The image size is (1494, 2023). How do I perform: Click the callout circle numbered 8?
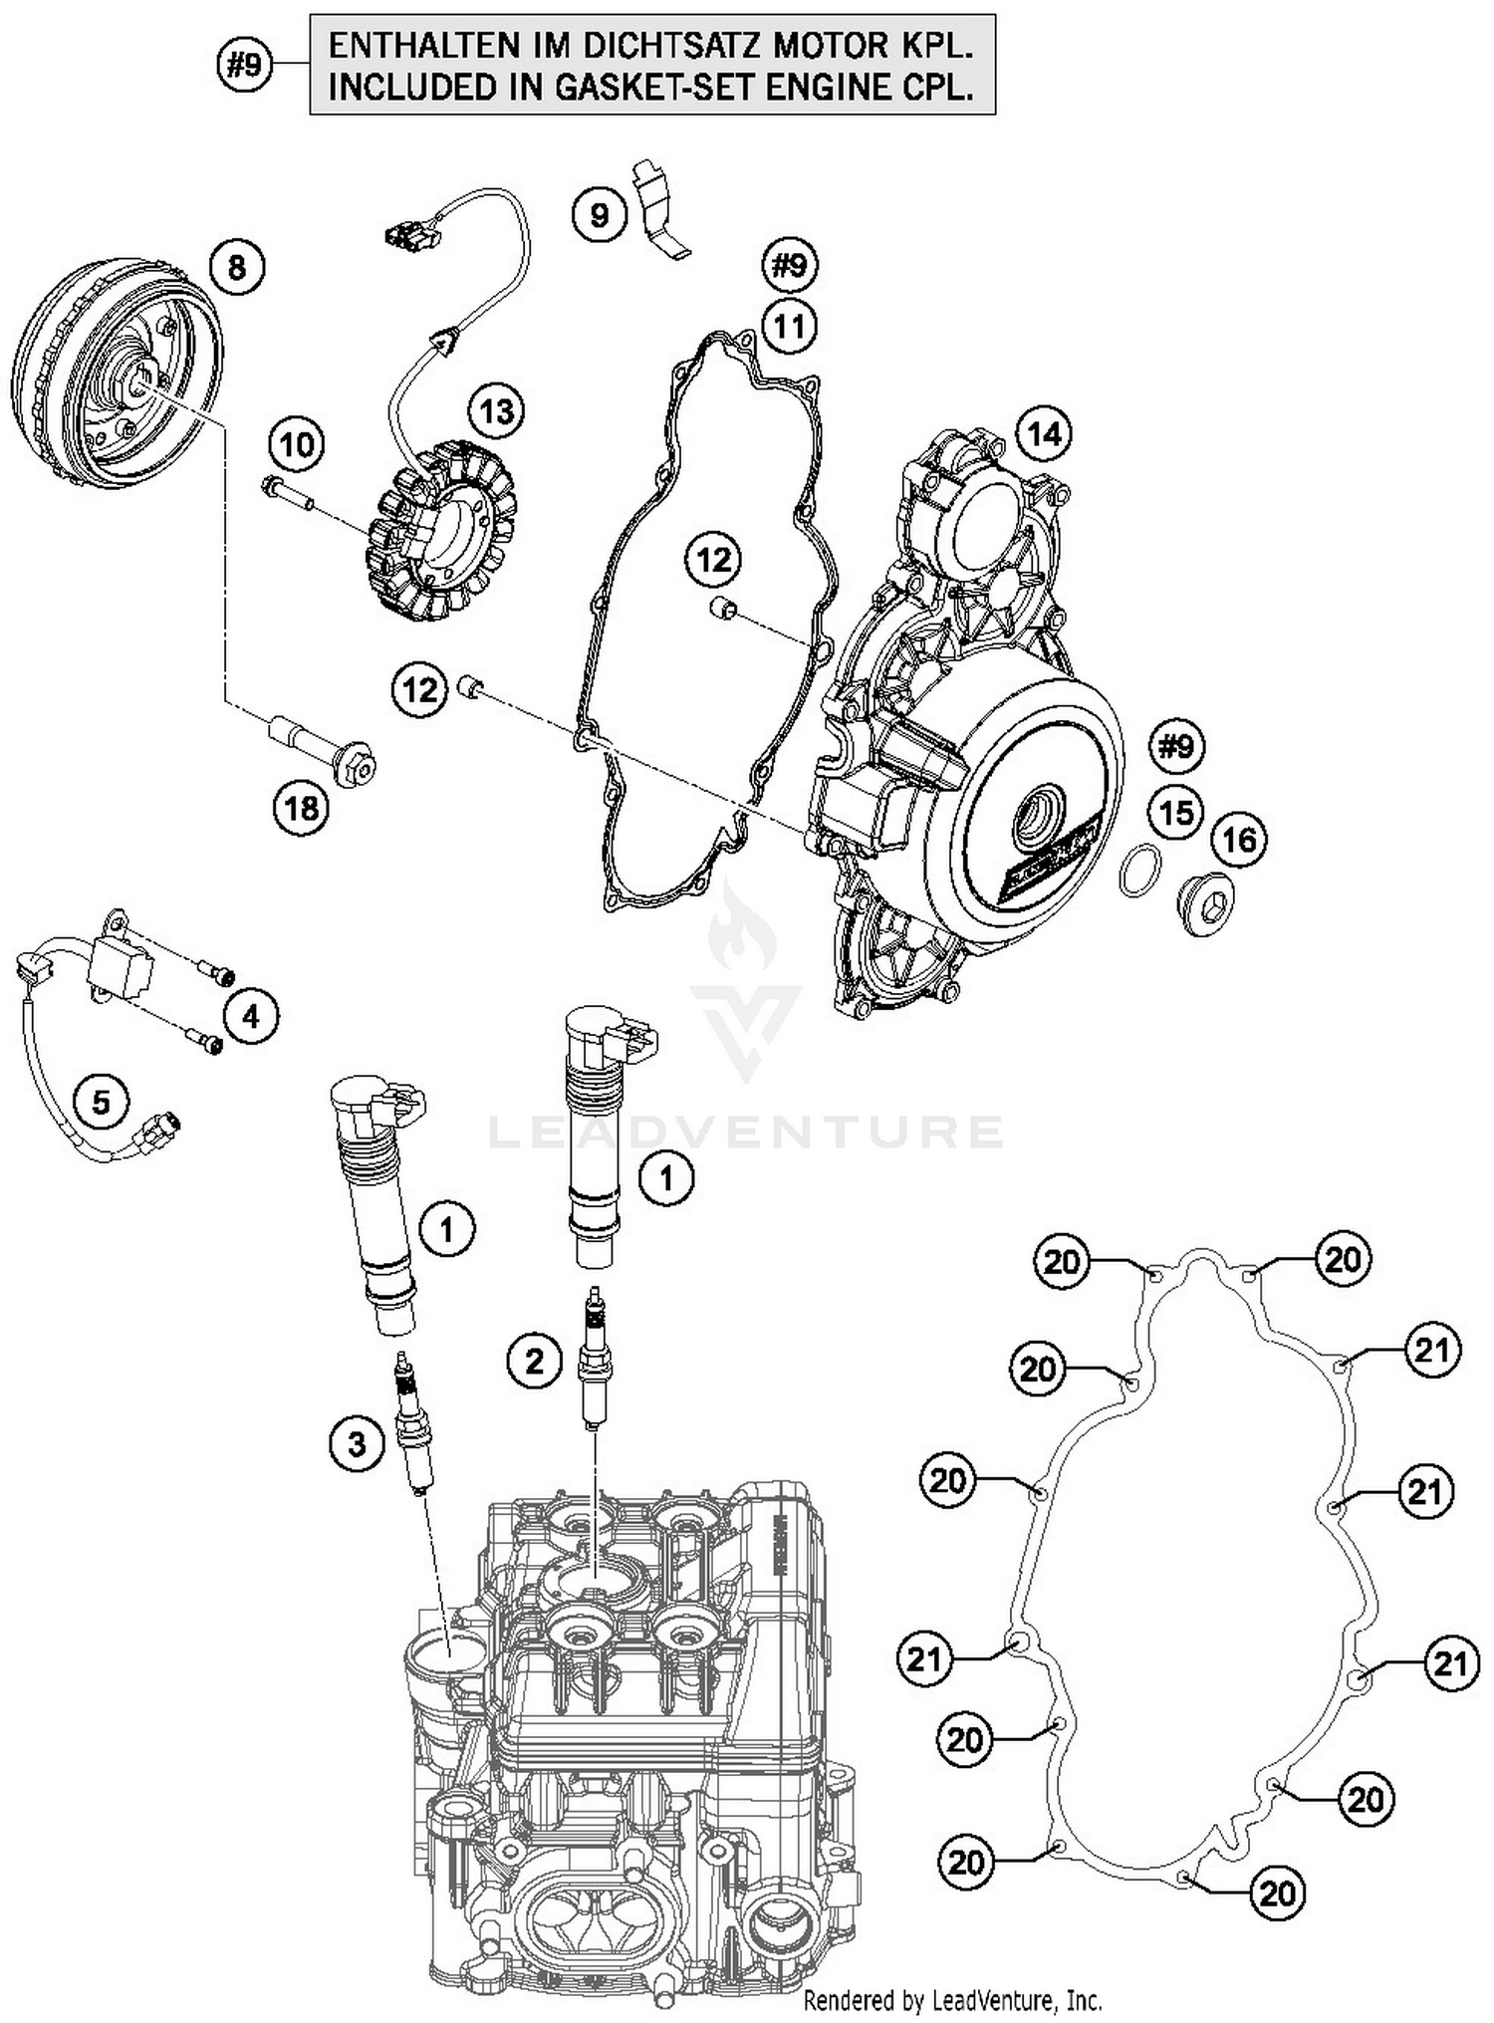coord(236,267)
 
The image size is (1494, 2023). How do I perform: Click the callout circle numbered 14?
coord(1044,434)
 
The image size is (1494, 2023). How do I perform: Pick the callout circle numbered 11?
coord(789,326)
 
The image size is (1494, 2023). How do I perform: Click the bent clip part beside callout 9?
coord(660,209)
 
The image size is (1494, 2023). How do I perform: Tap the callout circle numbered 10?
coord(297,444)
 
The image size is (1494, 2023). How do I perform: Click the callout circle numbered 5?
coord(101,1102)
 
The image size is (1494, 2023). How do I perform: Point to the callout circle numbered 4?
coord(250,1016)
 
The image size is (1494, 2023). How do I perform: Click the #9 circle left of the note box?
coord(244,66)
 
